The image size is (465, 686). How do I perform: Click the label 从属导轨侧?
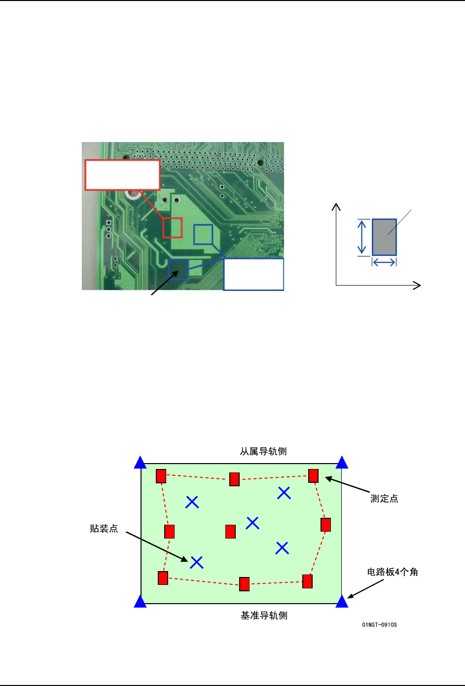tap(263, 451)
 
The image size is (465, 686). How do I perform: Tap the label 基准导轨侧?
tap(264, 615)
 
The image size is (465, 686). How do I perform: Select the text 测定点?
tap(384, 499)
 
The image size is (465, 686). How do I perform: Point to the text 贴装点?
tap(104, 529)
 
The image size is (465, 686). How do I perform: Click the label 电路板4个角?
tap(393, 572)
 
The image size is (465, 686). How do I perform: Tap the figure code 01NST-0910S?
tap(379, 625)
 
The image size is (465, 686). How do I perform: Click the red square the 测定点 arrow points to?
tap(313, 476)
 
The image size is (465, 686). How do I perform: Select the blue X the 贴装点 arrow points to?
tap(197, 562)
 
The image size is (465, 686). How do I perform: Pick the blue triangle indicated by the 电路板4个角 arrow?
tap(342, 601)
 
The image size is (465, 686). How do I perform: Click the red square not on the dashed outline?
tap(230, 532)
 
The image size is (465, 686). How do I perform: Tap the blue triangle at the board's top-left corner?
tap(141, 463)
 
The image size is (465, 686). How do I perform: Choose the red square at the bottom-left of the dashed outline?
tap(163, 578)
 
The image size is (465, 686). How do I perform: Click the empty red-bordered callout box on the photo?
tap(122, 175)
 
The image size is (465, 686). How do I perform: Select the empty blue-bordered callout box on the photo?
tap(253, 274)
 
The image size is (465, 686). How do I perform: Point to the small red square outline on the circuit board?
tap(173, 227)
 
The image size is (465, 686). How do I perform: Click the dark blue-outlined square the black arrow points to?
tap(178, 269)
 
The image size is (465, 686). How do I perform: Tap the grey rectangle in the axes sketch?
tap(384, 237)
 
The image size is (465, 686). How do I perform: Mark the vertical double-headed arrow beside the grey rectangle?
tap(362, 237)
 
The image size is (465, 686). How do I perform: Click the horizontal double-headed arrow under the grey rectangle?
tap(384, 262)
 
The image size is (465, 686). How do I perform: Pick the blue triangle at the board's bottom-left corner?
tap(141, 601)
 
